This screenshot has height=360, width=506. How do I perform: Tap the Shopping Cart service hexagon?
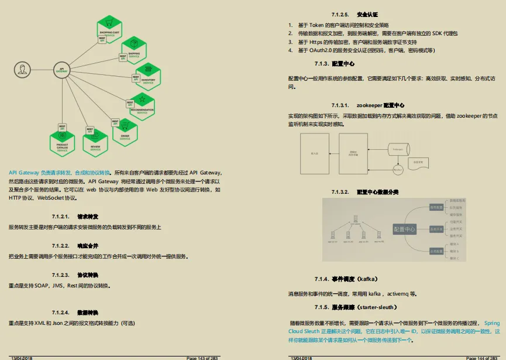click(110, 32)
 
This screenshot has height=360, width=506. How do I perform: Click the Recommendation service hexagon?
click(142, 105)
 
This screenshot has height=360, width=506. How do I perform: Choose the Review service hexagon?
click(95, 145)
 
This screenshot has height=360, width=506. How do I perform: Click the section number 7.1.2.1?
click(61, 216)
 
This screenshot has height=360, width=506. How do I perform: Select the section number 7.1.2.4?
click(61, 312)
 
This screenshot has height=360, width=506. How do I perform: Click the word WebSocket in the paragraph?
click(51, 198)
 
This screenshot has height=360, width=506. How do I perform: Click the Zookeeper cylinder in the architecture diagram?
click(398, 150)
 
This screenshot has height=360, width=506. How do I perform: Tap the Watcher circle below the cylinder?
click(398, 170)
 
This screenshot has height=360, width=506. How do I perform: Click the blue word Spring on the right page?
click(492, 323)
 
